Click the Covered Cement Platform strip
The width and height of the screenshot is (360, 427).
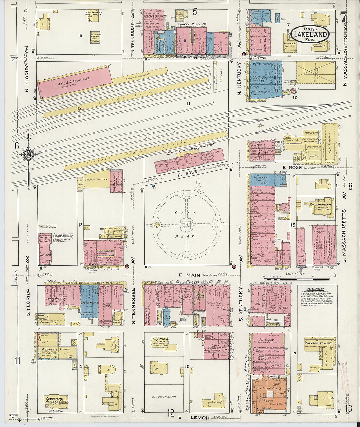tap(146, 151)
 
